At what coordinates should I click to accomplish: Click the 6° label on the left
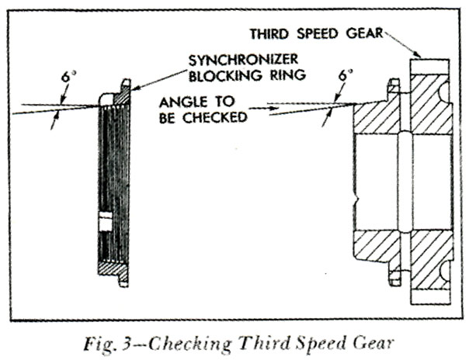pyautogui.click(x=67, y=77)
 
